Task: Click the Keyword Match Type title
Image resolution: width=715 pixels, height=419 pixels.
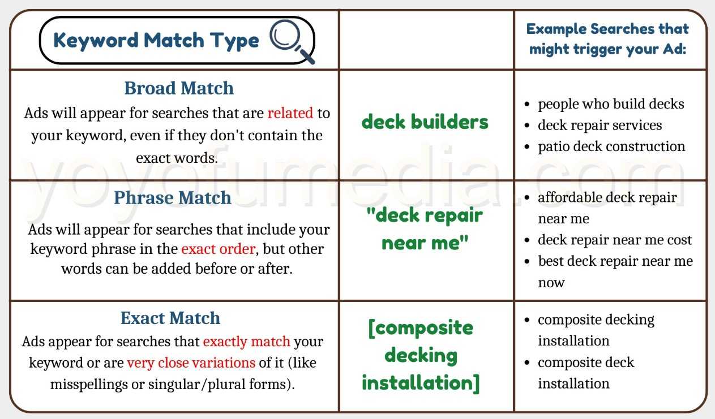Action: (x=156, y=40)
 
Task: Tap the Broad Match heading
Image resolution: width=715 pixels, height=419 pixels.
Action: (x=179, y=88)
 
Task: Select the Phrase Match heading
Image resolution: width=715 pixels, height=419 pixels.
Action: (x=173, y=198)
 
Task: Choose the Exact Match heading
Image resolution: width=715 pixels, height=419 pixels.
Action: (x=170, y=318)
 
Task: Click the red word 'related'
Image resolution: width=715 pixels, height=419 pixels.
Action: (x=290, y=113)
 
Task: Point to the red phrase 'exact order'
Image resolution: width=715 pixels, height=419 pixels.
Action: (x=218, y=249)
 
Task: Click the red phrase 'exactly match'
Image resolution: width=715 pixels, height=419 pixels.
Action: (x=246, y=342)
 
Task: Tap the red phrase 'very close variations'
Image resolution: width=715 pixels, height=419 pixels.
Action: (x=191, y=362)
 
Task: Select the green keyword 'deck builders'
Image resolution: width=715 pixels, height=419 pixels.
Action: (x=425, y=122)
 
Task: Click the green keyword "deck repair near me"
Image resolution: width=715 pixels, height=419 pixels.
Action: (x=425, y=228)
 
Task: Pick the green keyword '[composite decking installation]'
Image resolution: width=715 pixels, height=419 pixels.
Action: (x=421, y=355)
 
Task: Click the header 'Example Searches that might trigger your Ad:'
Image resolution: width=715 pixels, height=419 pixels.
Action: (x=607, y=38)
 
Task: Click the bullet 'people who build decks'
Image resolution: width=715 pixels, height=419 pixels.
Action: (x=611, y=104)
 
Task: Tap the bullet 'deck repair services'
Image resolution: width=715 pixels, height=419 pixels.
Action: (x=600, y=125)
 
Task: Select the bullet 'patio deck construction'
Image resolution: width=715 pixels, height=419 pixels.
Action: (x=611, y=146)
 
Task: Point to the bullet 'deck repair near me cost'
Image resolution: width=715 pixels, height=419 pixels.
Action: (x=615, y=240)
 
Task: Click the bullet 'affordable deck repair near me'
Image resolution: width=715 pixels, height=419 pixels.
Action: (x=607, y=208)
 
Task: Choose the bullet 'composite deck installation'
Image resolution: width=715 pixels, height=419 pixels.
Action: (x=586, y=373)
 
